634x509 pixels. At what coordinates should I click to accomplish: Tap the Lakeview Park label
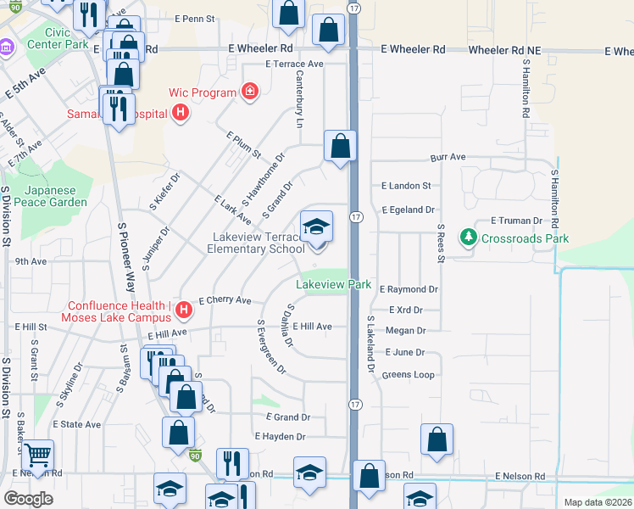[335, 285]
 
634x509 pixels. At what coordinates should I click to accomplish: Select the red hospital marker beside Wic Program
[249, 91]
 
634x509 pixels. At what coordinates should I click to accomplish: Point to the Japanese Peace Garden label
[55, 196]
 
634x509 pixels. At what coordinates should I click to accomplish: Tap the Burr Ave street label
[448, 158]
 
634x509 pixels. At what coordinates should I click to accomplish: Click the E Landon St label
[406, 186]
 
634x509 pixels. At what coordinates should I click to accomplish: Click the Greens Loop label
[408, 374]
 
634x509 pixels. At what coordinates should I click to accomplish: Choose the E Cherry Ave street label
[225, 300]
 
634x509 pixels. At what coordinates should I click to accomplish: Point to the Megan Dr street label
[404, 331]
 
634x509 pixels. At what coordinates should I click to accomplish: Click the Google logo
[28, 499]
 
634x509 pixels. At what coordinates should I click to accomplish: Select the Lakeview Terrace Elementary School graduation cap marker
[316, 227]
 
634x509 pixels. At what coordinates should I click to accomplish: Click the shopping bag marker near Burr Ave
[340, 145]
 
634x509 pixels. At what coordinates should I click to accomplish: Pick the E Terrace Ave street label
[294, 64]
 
